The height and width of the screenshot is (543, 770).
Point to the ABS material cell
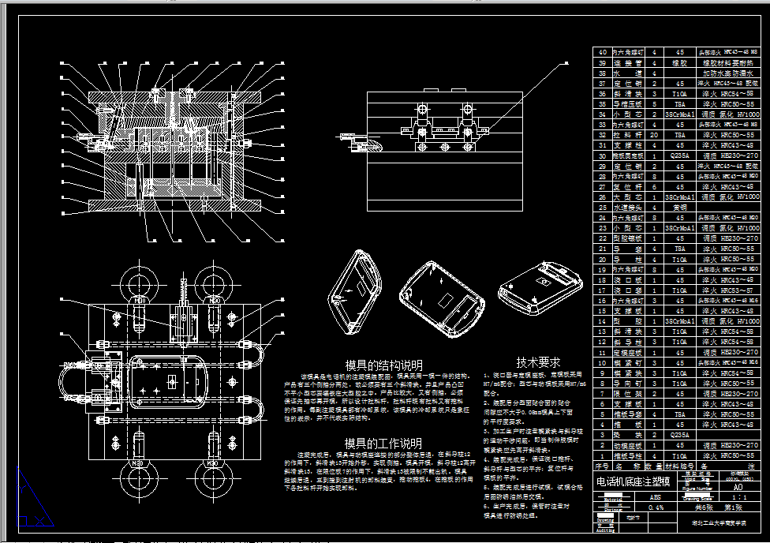click(655, 498)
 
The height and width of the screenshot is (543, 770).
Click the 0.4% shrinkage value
click(655, 508)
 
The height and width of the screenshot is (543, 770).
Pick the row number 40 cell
click(604, 51)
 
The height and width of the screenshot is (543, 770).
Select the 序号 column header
click(604, 466)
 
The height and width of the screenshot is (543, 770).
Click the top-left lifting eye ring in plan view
click(140, 282)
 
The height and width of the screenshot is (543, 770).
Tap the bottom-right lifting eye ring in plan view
click(214, 480)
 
